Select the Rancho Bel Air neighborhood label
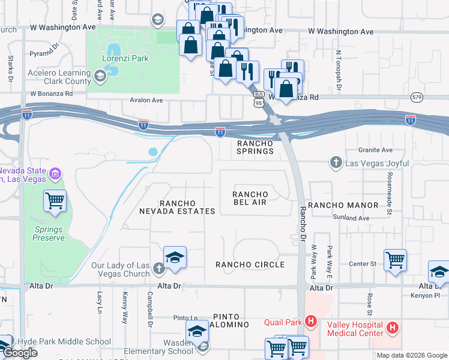point(250,198)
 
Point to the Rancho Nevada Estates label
point(185,207)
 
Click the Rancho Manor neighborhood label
point(343,205)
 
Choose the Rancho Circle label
point(250,265)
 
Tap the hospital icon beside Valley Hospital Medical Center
point(392,328)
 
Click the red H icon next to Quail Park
point(310,321)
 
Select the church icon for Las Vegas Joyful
point(336,162)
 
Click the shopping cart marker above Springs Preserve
point(55,200)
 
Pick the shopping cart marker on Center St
point(395,260)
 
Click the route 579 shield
point(418,97)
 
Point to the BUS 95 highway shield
point(259,98)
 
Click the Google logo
point(20,353)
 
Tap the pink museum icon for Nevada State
point(55,174)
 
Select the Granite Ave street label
point(375,150)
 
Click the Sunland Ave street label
point(355,219)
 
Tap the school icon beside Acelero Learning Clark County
point(99,76)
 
